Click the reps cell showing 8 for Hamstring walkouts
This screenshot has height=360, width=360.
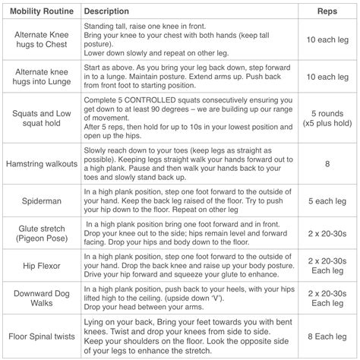pos(327,163)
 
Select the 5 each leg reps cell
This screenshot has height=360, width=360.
pos(327,201)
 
